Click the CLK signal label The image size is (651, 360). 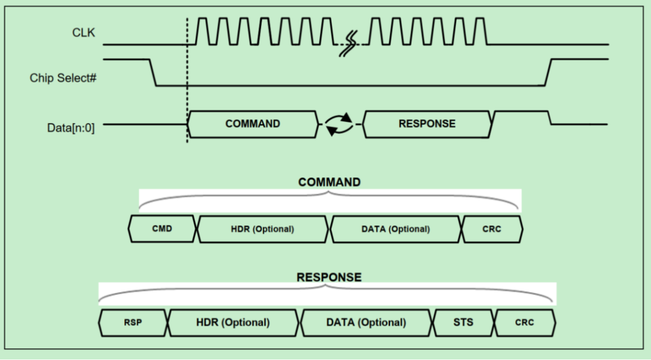[x=84, y=32]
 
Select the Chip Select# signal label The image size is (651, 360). [x=63, y=78]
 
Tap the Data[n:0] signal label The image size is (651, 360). [x=71, y=127]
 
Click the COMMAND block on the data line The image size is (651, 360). [x=253, y=124]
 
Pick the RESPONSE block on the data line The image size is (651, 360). [x=427, y=124]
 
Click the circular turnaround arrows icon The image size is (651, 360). [x=339, y=124]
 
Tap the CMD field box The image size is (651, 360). [x=162, y=229]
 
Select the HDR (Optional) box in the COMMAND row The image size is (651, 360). [x=263, y=229]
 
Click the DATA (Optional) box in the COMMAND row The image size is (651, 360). [x=395, y=229]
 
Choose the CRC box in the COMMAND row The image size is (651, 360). [x=492, y=229]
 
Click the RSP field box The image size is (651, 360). [x=133, y=323]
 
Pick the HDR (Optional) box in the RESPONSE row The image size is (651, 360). [x=233, y=323]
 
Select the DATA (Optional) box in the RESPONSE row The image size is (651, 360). [x=366, y=323]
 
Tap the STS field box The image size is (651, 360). [x=463, y=323]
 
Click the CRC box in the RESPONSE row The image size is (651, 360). [x=524, y=323]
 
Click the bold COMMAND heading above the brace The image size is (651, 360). [x=329, y=182]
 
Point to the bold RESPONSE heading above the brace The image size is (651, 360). [x=329, y=277]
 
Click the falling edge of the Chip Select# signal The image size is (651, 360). [x=153, y=72]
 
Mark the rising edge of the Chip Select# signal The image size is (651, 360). [x=549, y=72]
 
